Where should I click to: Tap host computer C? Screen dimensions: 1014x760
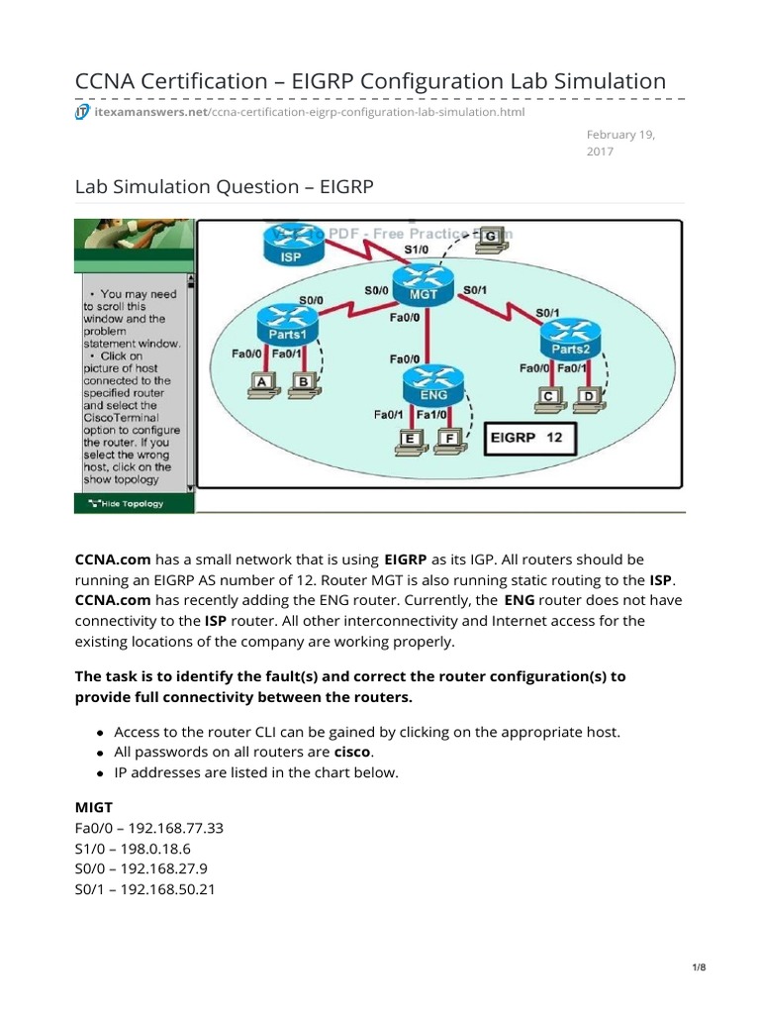(x=547, y=398)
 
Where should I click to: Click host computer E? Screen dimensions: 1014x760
(x=408, y=441)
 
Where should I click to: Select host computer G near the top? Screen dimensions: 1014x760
(x=490, y=237)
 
